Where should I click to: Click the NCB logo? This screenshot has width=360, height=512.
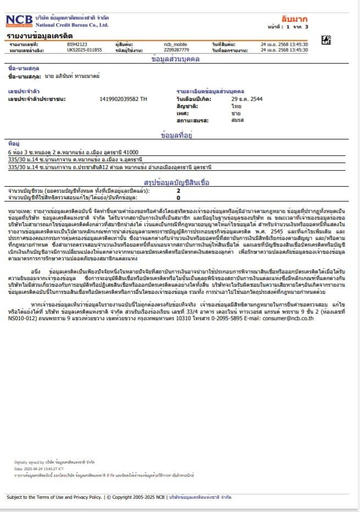[19, 21]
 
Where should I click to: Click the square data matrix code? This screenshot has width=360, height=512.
[326, 40]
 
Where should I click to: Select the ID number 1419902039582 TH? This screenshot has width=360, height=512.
[124, 99]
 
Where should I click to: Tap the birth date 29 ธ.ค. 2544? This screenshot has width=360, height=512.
[247, 99]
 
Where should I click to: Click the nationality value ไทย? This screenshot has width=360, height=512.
[236, 105]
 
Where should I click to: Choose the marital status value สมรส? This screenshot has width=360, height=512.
[237, 119]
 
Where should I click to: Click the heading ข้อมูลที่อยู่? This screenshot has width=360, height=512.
[180, 135]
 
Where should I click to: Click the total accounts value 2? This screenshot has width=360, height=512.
[178, 191]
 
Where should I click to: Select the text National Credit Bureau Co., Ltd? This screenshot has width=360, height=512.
[72, 25]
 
